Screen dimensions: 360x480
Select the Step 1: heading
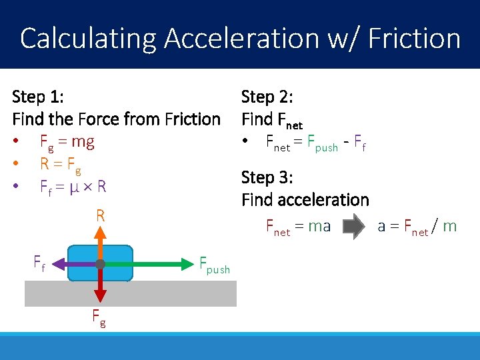[38, 97]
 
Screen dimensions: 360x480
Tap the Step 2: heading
[267, 97]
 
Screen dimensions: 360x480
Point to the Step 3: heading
[267, 178]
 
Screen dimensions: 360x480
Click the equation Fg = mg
[67, 142]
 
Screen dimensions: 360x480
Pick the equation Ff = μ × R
[73, 187]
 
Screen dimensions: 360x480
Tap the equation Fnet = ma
[298, 227]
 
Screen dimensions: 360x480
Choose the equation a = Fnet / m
[417, 227]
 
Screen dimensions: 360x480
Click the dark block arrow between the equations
[355, 227]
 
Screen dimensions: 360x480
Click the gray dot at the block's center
[100, 264]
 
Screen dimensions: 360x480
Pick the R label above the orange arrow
[100, 215]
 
